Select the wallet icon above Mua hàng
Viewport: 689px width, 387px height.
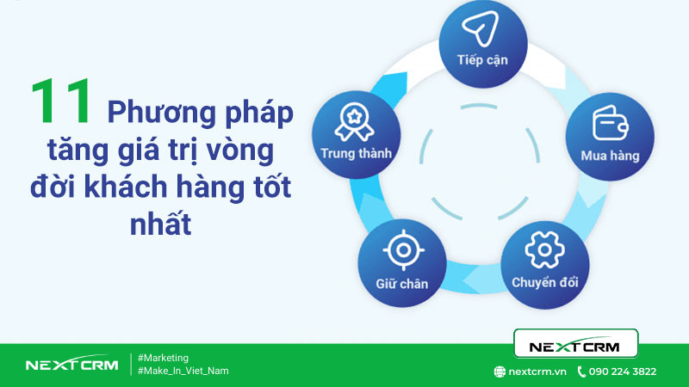coord(608,124)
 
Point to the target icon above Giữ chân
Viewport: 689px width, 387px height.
coord(401,250)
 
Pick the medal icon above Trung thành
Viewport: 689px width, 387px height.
coord(356,123)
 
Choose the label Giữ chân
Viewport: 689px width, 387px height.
coord(401,282)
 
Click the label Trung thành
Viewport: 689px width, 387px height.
coord(357,155)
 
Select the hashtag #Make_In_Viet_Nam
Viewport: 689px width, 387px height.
coord(183,371)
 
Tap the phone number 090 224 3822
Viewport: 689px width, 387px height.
coord(623,372)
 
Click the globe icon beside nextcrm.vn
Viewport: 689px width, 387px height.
coord(500,372)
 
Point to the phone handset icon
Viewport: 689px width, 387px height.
coord(581,372)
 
